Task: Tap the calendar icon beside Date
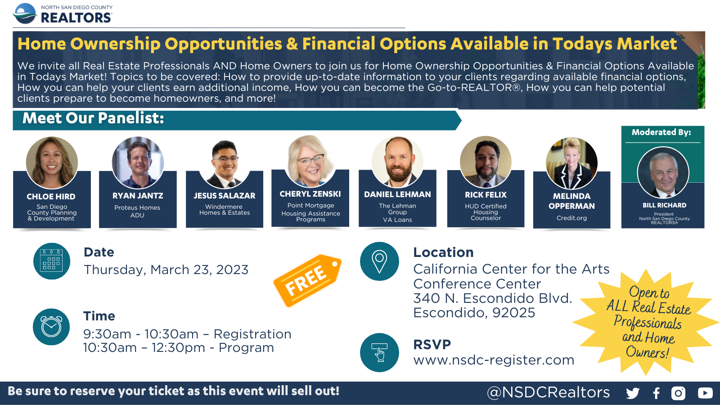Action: [51, 261]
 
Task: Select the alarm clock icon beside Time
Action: [51, 327]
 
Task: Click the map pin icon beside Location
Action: [379, 261]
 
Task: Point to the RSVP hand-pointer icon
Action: [379, 352]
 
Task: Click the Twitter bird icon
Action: [633, 393]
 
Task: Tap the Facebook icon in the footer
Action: [657, 393]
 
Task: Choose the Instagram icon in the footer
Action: [678, 393]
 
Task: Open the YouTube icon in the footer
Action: [705, 393]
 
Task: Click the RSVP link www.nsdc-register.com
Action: [494, 360]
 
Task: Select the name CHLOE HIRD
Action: [51, 196]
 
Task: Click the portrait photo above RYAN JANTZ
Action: [138, 162]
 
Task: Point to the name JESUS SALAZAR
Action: [225, 195]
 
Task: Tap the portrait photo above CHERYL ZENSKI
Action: [310, 161]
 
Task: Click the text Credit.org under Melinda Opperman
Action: [571, 218]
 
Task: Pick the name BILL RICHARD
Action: [664, 205]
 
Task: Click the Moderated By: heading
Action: [661, 132]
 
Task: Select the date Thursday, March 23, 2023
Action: [166, 270]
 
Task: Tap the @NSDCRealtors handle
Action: [549, 392]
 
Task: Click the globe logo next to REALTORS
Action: [25, 13]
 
